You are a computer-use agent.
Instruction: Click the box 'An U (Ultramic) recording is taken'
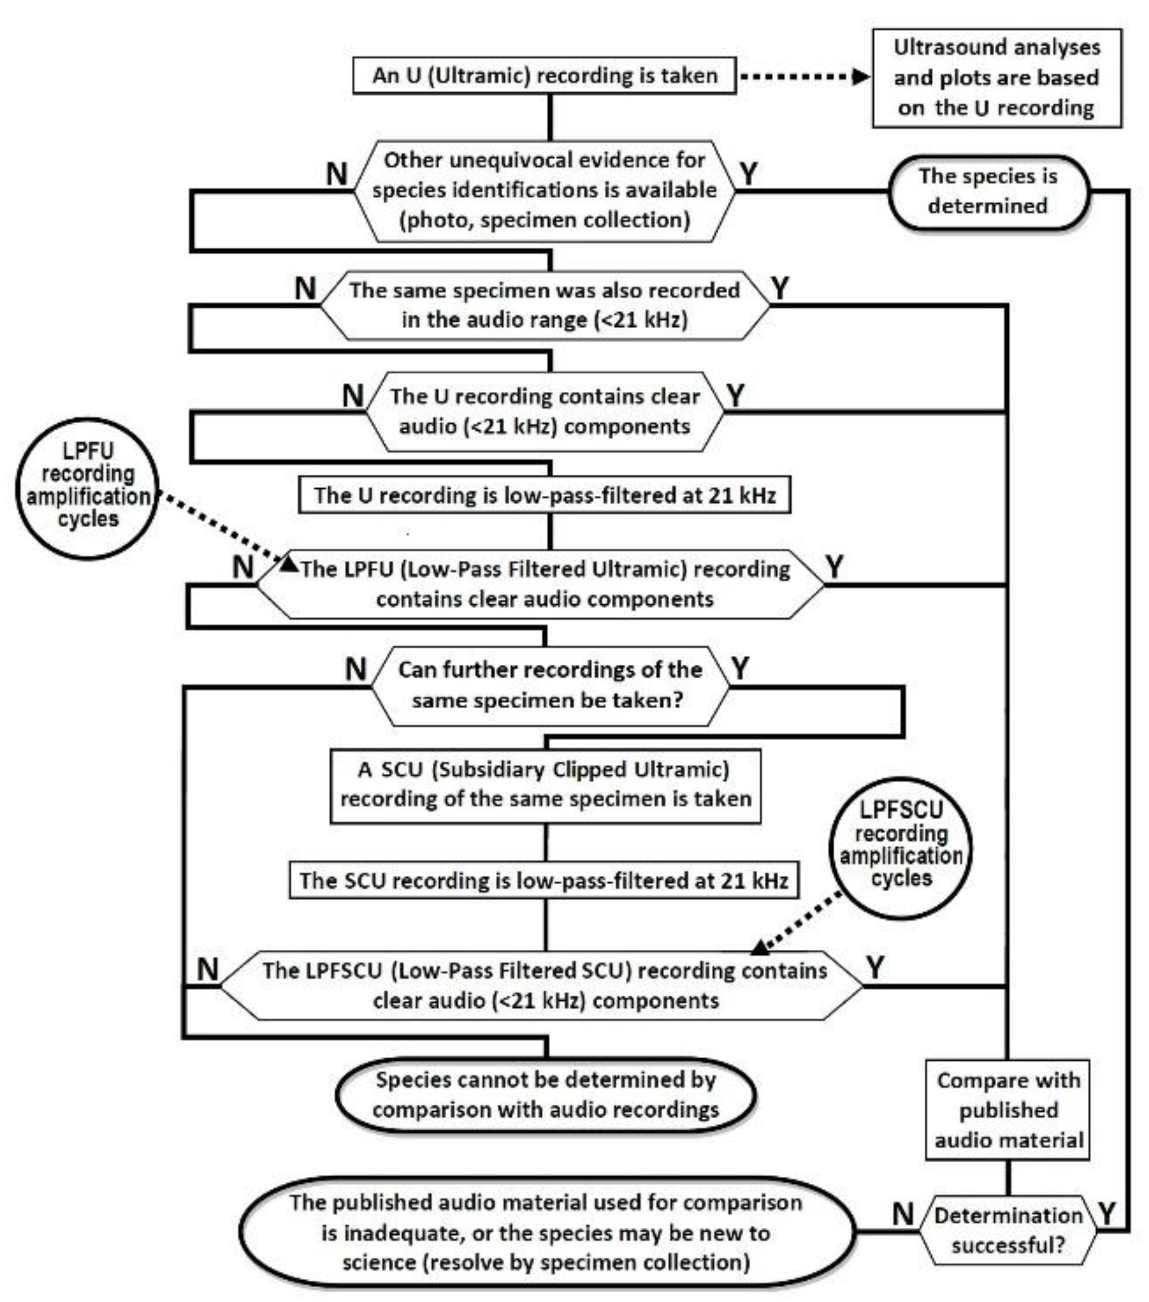[545, 75]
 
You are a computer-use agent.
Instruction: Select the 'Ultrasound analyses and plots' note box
[997, 77]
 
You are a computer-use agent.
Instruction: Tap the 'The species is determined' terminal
[988, 192]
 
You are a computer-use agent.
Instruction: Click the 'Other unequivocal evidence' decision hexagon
[545, 191]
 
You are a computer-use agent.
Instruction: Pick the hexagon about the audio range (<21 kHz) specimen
[545, 305]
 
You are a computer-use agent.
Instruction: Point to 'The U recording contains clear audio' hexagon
[545, 411]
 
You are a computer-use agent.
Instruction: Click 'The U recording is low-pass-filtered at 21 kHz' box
[545, 495]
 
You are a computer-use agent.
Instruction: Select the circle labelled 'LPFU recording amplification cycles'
[87, 486]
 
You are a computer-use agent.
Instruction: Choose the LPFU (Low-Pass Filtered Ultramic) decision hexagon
[540, 584]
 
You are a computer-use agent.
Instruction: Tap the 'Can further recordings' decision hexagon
[550, 686]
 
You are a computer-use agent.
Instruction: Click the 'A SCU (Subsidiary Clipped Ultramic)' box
[545, 785]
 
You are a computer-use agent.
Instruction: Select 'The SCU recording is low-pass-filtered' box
[544, 880]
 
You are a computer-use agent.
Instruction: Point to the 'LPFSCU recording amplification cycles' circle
[901, 847]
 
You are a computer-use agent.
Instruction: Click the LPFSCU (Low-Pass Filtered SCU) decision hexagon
[542, 985]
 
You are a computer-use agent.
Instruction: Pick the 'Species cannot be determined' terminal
[545, 1096]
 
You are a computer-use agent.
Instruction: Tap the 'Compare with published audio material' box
[1008, 1110]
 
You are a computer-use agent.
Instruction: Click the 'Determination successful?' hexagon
[1008, 1230]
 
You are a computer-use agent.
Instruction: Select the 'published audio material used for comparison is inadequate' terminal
[547, 1232]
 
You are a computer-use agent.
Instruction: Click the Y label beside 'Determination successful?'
[1107, 1214]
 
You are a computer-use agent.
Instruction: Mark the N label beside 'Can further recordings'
[355, 669]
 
